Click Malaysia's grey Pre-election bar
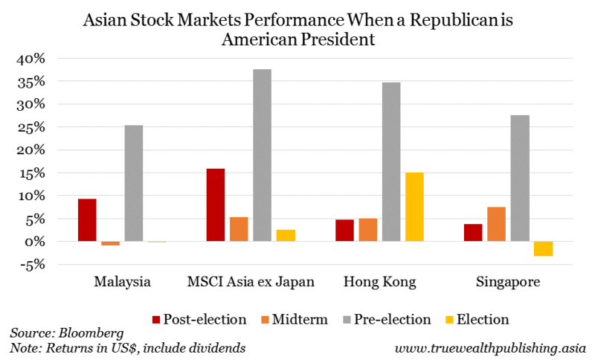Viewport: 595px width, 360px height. point(133,183)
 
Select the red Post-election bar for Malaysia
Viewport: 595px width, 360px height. point(87,220)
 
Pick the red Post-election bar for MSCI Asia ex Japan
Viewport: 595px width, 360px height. point(216,205)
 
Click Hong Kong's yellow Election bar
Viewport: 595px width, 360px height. point(414,207)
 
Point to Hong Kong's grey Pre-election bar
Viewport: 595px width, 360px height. point(391,161)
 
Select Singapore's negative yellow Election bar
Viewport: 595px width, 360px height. point(543,248)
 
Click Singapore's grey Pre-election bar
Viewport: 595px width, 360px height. point(520,178)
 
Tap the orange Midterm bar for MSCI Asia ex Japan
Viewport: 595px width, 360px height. point(239,229)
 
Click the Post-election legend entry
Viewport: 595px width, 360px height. point(199,319)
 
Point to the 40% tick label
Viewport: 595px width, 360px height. point(31,58)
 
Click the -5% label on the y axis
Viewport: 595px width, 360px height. point(31,264)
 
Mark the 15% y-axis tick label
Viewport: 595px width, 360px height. point(31,173)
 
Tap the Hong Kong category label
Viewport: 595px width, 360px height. point(380,283)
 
